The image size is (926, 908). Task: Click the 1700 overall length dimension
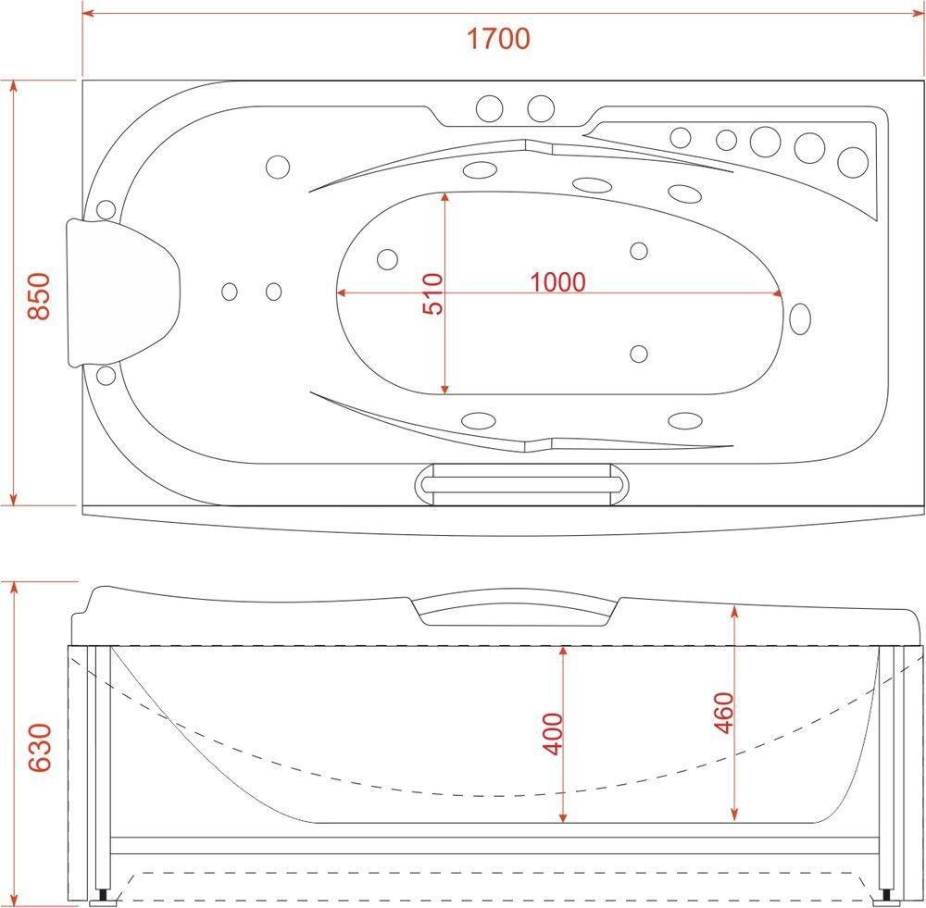[x=498, y=38]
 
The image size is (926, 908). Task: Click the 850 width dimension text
[x=40, y=296]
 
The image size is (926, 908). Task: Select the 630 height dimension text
[x=40, y=748]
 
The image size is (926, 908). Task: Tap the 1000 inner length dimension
[x=557, y=282]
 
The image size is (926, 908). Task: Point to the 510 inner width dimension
[x=432, y=294]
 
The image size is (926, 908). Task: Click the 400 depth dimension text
[x=553, y=734]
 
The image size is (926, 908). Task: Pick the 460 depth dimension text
[x=723, y=713]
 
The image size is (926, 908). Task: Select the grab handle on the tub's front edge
[x=521, y=484]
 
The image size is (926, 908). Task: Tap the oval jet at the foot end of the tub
[x=800, y=318]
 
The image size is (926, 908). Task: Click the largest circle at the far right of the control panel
[x=853, y=162]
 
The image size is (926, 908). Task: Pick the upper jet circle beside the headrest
[x=106, y=209]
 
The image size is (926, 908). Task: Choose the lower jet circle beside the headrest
[x=106, y=376]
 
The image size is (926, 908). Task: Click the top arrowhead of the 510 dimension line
[x=444, y=197]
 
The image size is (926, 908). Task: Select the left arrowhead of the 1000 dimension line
[x=342, y=292]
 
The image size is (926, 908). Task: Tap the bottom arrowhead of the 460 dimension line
[x=734, y=815]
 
